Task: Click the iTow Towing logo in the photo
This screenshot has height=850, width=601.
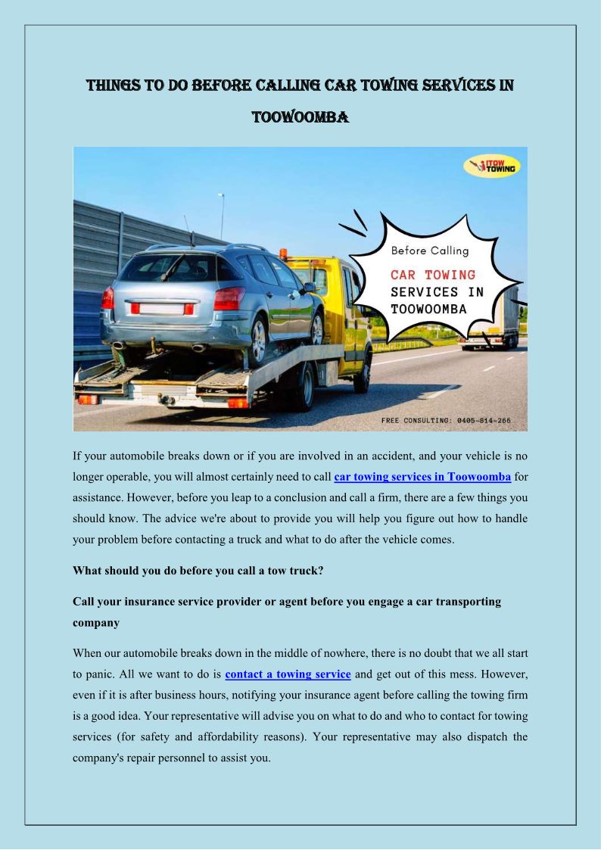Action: coord(491,167)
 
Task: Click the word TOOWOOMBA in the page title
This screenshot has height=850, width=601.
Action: coord(300,117)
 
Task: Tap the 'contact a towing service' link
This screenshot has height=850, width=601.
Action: coord(288,674)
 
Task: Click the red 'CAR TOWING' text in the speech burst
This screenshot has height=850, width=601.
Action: coord(433,274)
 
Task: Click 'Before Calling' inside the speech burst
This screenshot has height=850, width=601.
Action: coord(430,251)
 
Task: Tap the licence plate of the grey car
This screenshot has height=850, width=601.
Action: coord(160,309)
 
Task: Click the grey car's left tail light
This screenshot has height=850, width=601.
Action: coord(107,298)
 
